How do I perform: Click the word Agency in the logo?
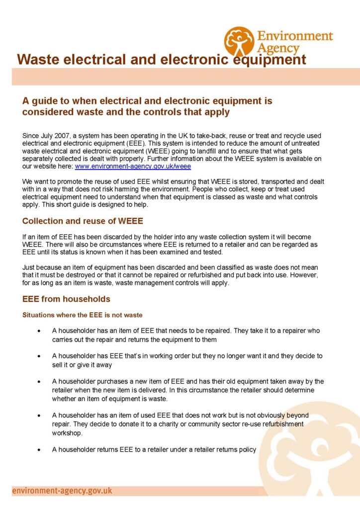278,48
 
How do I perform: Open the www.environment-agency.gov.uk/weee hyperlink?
132,166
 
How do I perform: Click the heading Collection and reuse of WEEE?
80,221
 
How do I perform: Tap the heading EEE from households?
66,299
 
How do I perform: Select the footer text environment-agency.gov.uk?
62,491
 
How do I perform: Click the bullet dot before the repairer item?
38,331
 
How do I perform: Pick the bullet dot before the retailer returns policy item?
38,450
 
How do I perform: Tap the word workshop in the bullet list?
67,433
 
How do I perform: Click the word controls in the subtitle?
168,112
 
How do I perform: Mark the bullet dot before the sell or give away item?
38,356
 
